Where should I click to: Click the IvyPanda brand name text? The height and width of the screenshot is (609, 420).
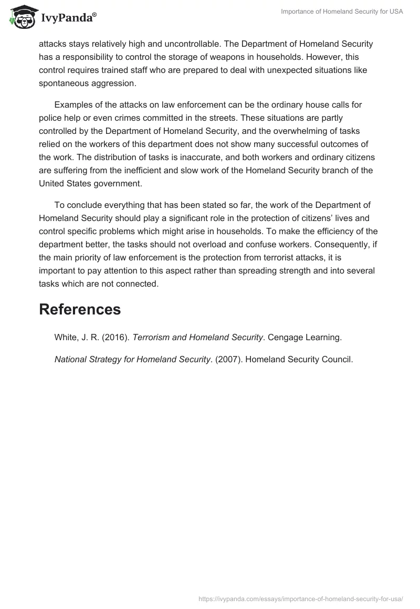68,18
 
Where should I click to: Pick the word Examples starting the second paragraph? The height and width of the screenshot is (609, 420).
74,104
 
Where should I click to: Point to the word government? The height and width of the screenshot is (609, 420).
122,183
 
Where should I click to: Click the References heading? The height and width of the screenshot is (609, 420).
80,310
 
